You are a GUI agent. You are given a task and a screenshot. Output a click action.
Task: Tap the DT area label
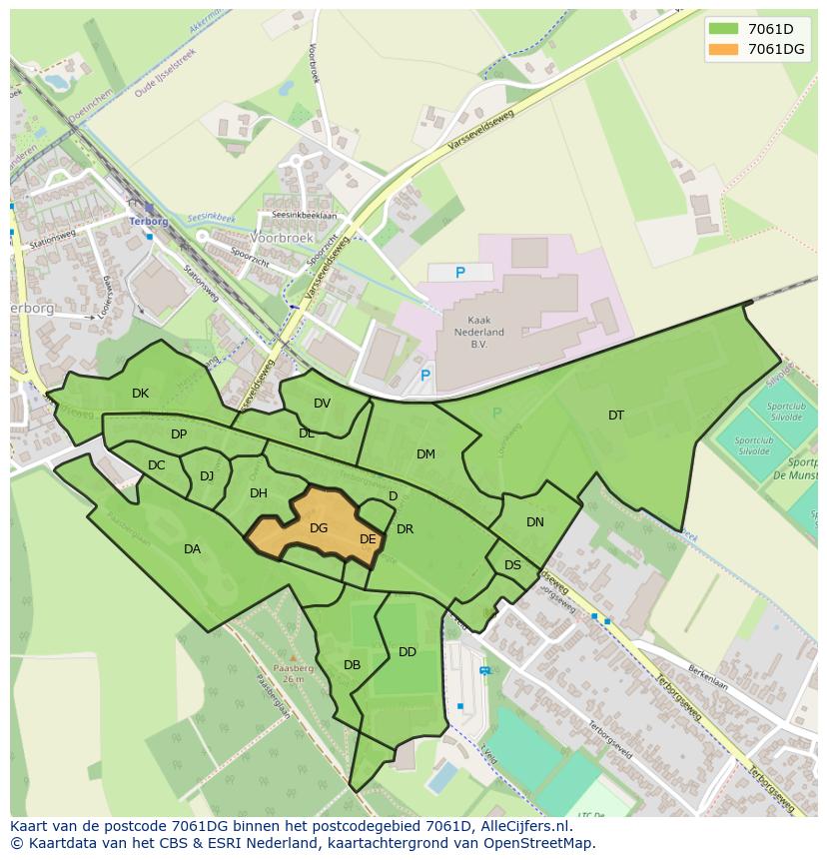pyautogui.click(x=616, y=416)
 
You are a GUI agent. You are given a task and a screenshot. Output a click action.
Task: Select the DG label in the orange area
pyautogui.click(x=319, y=528)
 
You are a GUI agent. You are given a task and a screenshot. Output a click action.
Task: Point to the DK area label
pyautogui.click(x=140, y=394)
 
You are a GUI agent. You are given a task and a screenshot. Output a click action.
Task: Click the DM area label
pyautogui.click(x=425, y=454)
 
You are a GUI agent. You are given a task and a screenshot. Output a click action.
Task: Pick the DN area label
pyautogui.click(x=535, y=522)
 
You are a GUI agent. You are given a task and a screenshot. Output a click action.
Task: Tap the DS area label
pyautogui.click(x=512, y=565)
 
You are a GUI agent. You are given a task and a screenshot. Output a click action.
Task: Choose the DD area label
pyautogui.click(x=408, y=652)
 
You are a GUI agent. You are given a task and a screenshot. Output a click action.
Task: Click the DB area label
pyautogui.click(x=352, y=665)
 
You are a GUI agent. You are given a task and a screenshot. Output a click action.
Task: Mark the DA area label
pyautogui.click(x=192, y=549)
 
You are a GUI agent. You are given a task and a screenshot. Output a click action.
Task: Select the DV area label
pyautogui.click(x=322, y=404)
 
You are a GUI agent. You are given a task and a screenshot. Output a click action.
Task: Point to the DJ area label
pyautogui.click(x=207, y=476)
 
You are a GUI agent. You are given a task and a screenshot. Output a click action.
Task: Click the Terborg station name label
pyautogui.click(x=148, y=221)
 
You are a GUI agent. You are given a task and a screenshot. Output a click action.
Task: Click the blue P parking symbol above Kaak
pyautogui.click(x=459, y=273)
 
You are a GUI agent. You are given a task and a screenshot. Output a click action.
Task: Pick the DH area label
pyautogui.click(x=259, y=493)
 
